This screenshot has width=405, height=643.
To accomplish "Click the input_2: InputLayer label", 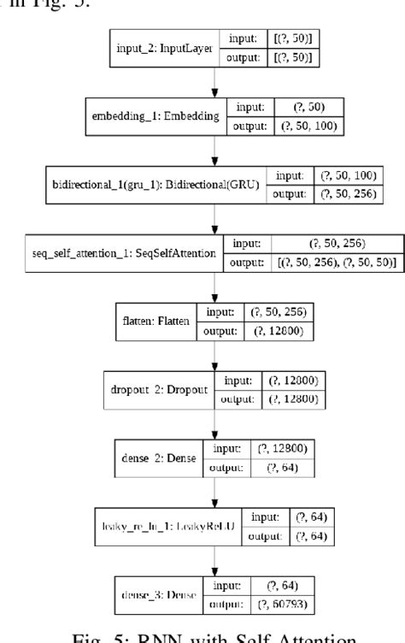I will (x=167, y=49).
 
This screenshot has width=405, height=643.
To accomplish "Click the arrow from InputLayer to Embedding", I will (x=214, y=83).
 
